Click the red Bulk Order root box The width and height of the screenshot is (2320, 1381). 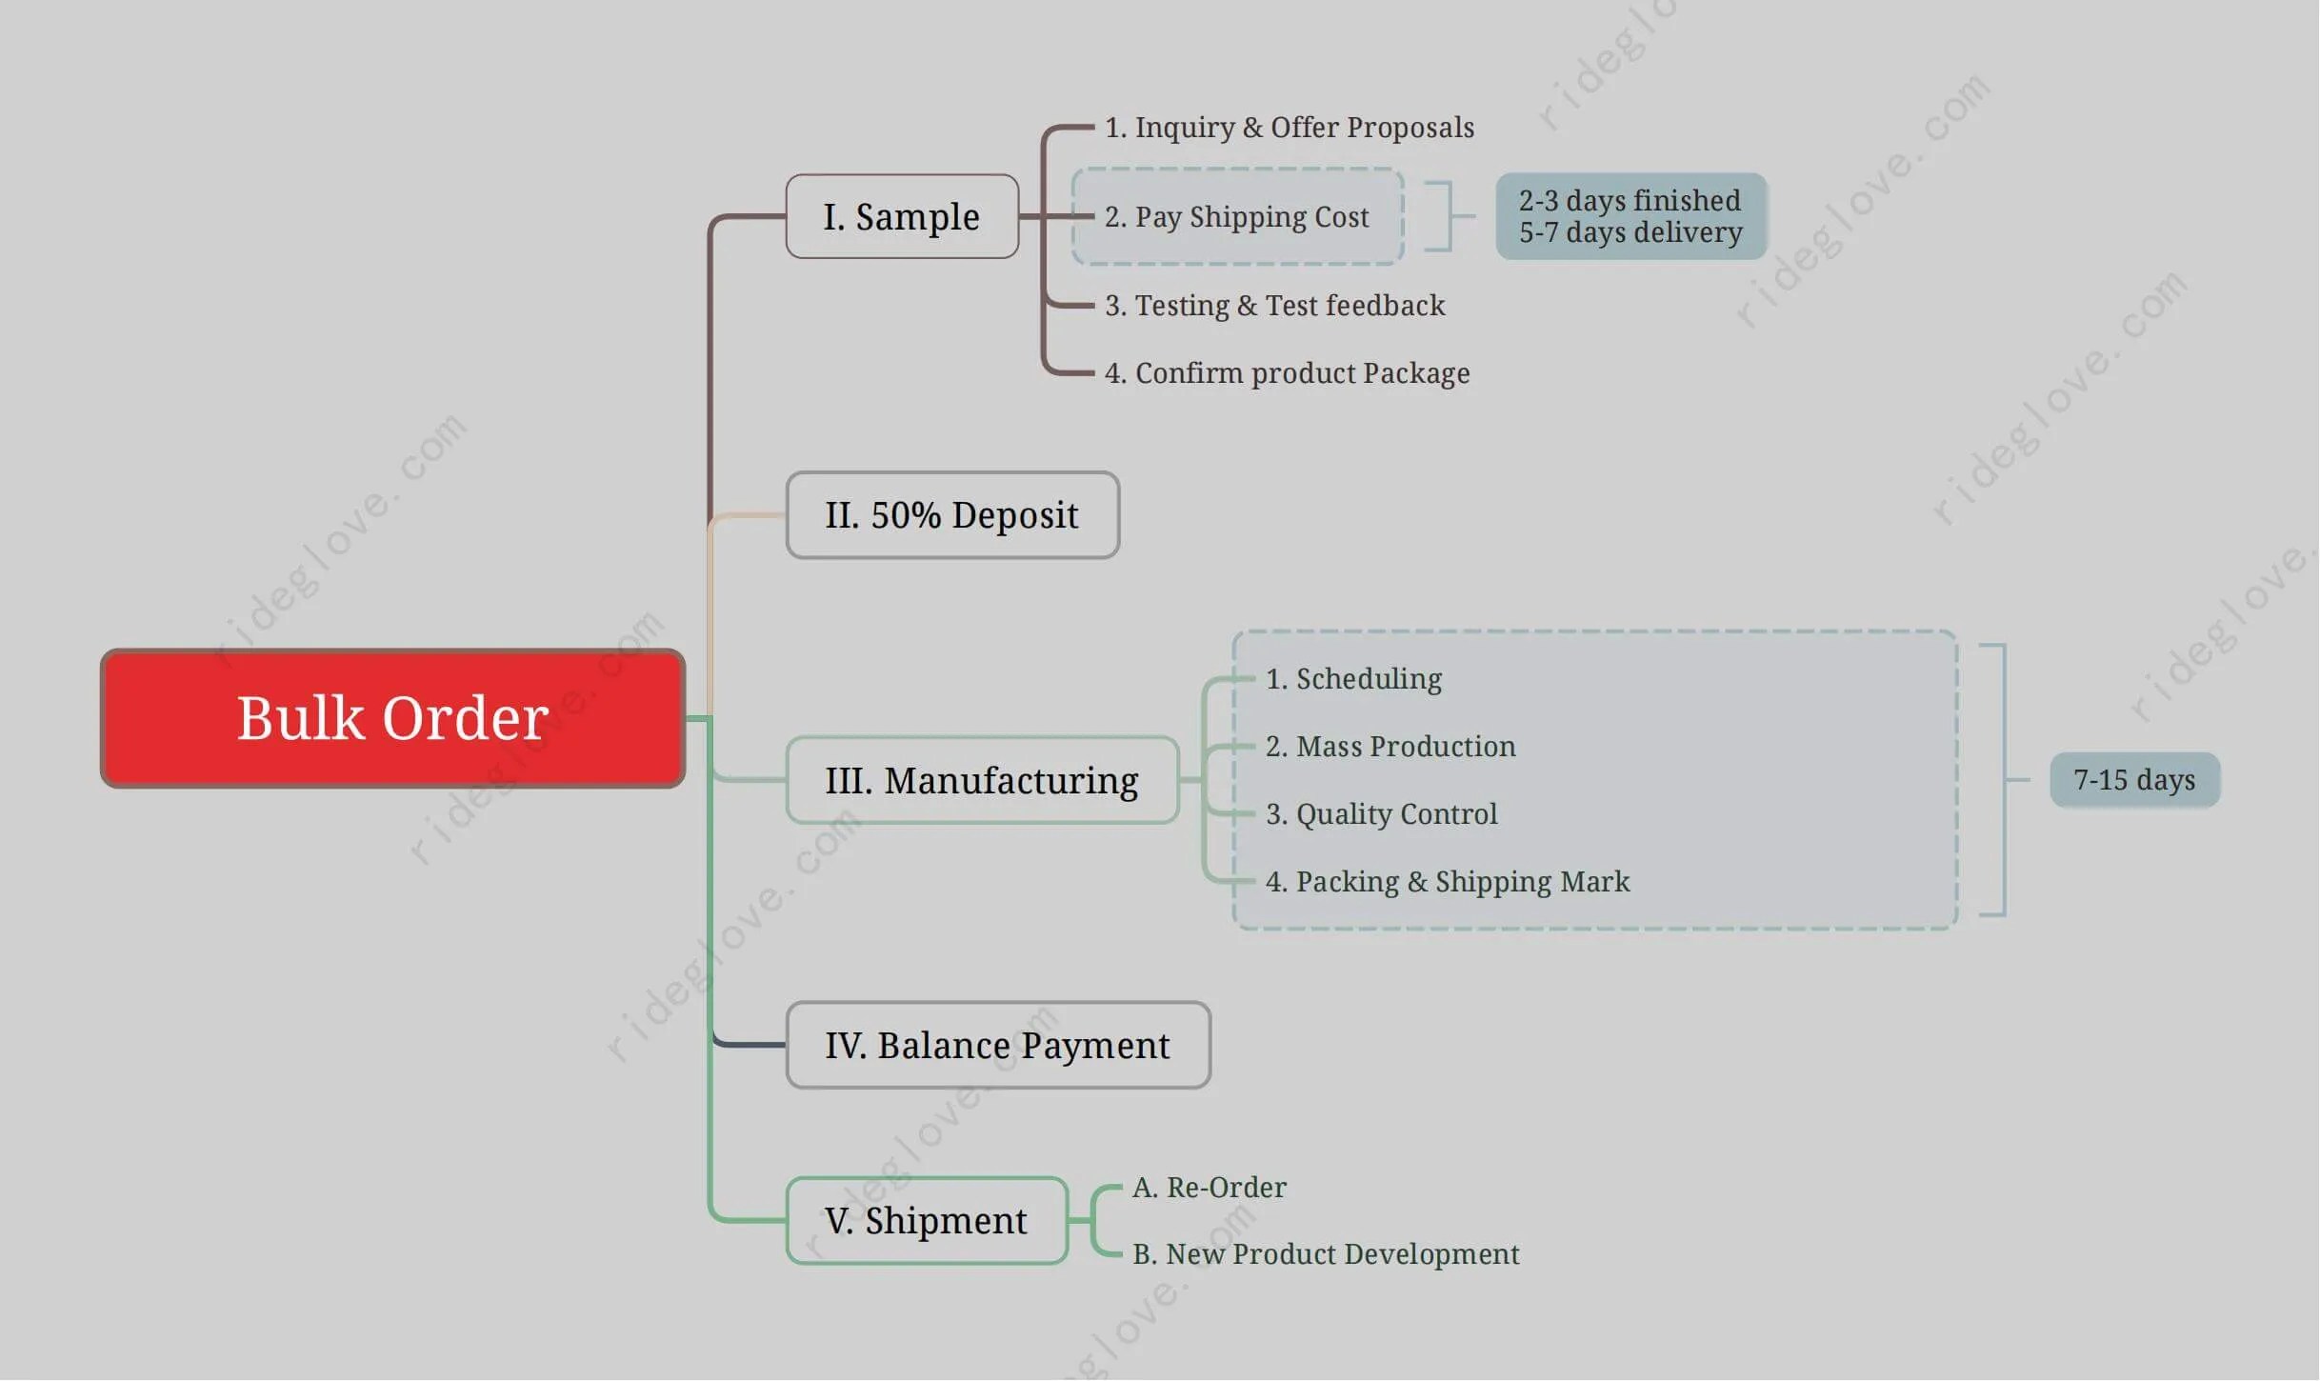392,718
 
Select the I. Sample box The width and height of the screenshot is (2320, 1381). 902,217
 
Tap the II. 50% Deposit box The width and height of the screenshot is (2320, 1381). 952,515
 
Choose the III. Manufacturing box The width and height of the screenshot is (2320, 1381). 982,780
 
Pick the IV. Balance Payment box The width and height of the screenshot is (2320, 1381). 997,1045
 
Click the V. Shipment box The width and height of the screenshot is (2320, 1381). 926,1220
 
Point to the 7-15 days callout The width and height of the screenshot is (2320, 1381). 2134,780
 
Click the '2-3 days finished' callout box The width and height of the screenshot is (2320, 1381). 1630,216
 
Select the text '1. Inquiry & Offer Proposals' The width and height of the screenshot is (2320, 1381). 1289,128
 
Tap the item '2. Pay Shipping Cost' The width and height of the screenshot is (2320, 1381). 1236,217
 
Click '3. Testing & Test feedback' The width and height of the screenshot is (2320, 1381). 1274,306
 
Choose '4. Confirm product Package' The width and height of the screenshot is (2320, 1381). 1287,373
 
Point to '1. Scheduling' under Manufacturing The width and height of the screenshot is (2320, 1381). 1353,679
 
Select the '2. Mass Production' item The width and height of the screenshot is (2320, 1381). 1390,747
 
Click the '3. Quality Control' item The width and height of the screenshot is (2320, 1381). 1381,814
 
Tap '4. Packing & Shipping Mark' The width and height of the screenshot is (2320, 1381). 1447,882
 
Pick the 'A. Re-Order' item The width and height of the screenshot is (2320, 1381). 1209,1188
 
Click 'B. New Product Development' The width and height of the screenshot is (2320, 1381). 1326,1254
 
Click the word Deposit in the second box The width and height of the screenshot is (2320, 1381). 1014,515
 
